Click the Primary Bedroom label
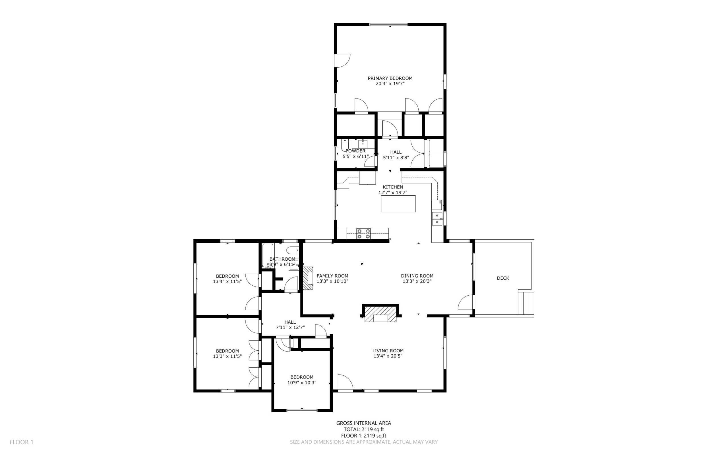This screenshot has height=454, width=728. (x=390, y=78)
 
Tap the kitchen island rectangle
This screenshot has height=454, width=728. (x=398, y=204)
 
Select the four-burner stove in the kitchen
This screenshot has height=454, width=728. (x=363, y=234)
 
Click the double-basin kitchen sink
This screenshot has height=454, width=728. (x=437, y=219)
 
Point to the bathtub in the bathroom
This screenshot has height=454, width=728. (x=268, y=255)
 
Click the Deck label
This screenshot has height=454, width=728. (x=503, y=278)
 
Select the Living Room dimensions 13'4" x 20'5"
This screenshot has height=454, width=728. (x=388, y=356)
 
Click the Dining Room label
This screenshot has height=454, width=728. (x=417, y=276)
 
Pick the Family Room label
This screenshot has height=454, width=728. (x=332, y=276)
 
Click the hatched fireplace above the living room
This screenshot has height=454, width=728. (x=381, y=314)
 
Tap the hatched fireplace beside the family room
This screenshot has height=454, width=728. (x=308, y=278)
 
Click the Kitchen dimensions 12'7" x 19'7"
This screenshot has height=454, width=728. (x=393, y=193)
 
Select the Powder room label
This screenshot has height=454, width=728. (x=355, y=151)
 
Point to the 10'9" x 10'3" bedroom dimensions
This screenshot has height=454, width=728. (x=302, y=382)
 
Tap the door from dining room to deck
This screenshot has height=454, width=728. (x=466, y=302)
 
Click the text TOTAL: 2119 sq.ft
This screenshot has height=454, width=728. (x=363, y=429)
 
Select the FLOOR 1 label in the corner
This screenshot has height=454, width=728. (x=22, y=442)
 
